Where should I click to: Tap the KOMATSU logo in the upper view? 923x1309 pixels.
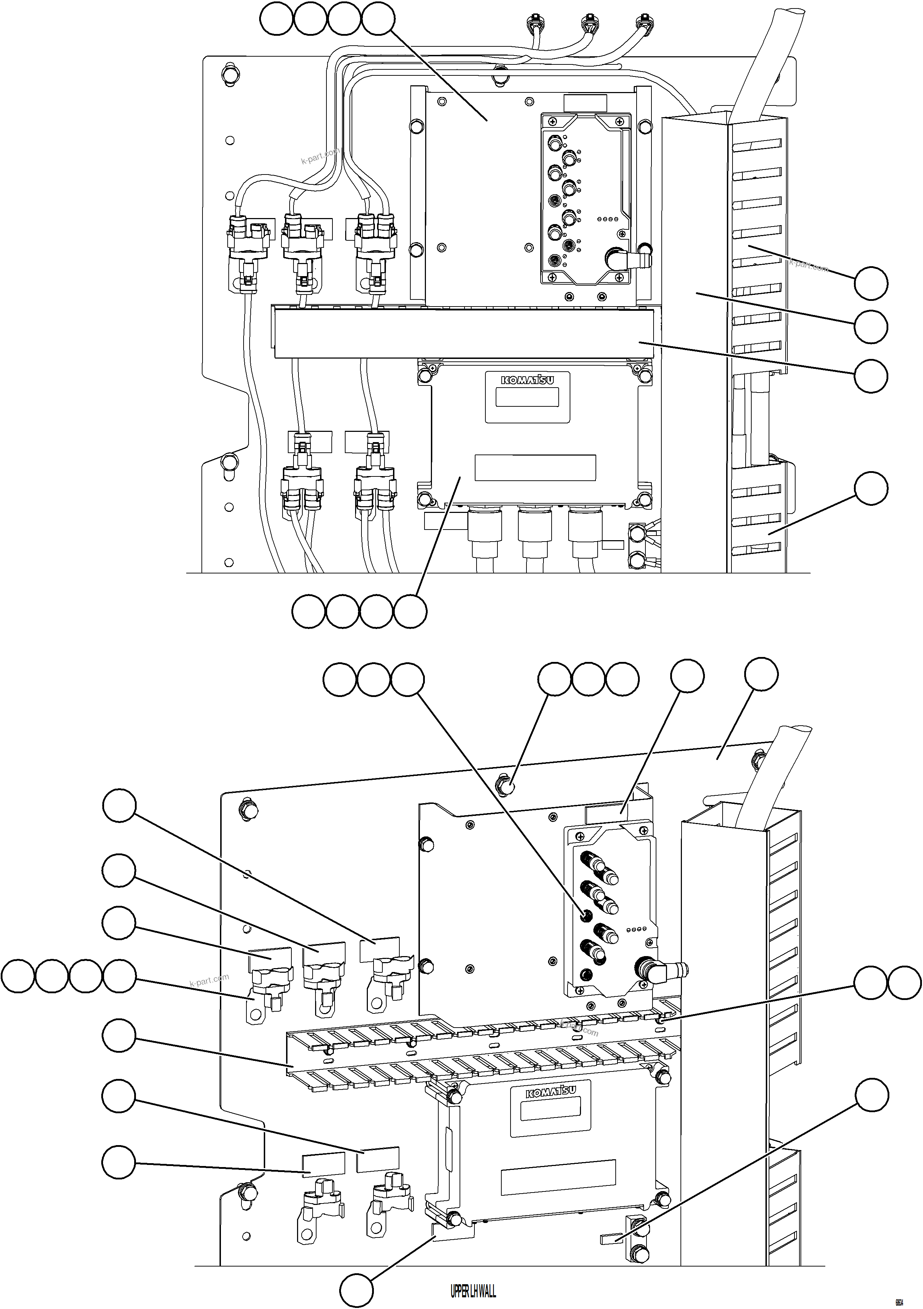coord(527,380)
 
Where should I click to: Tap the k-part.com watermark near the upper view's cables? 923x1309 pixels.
coord(320,156)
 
